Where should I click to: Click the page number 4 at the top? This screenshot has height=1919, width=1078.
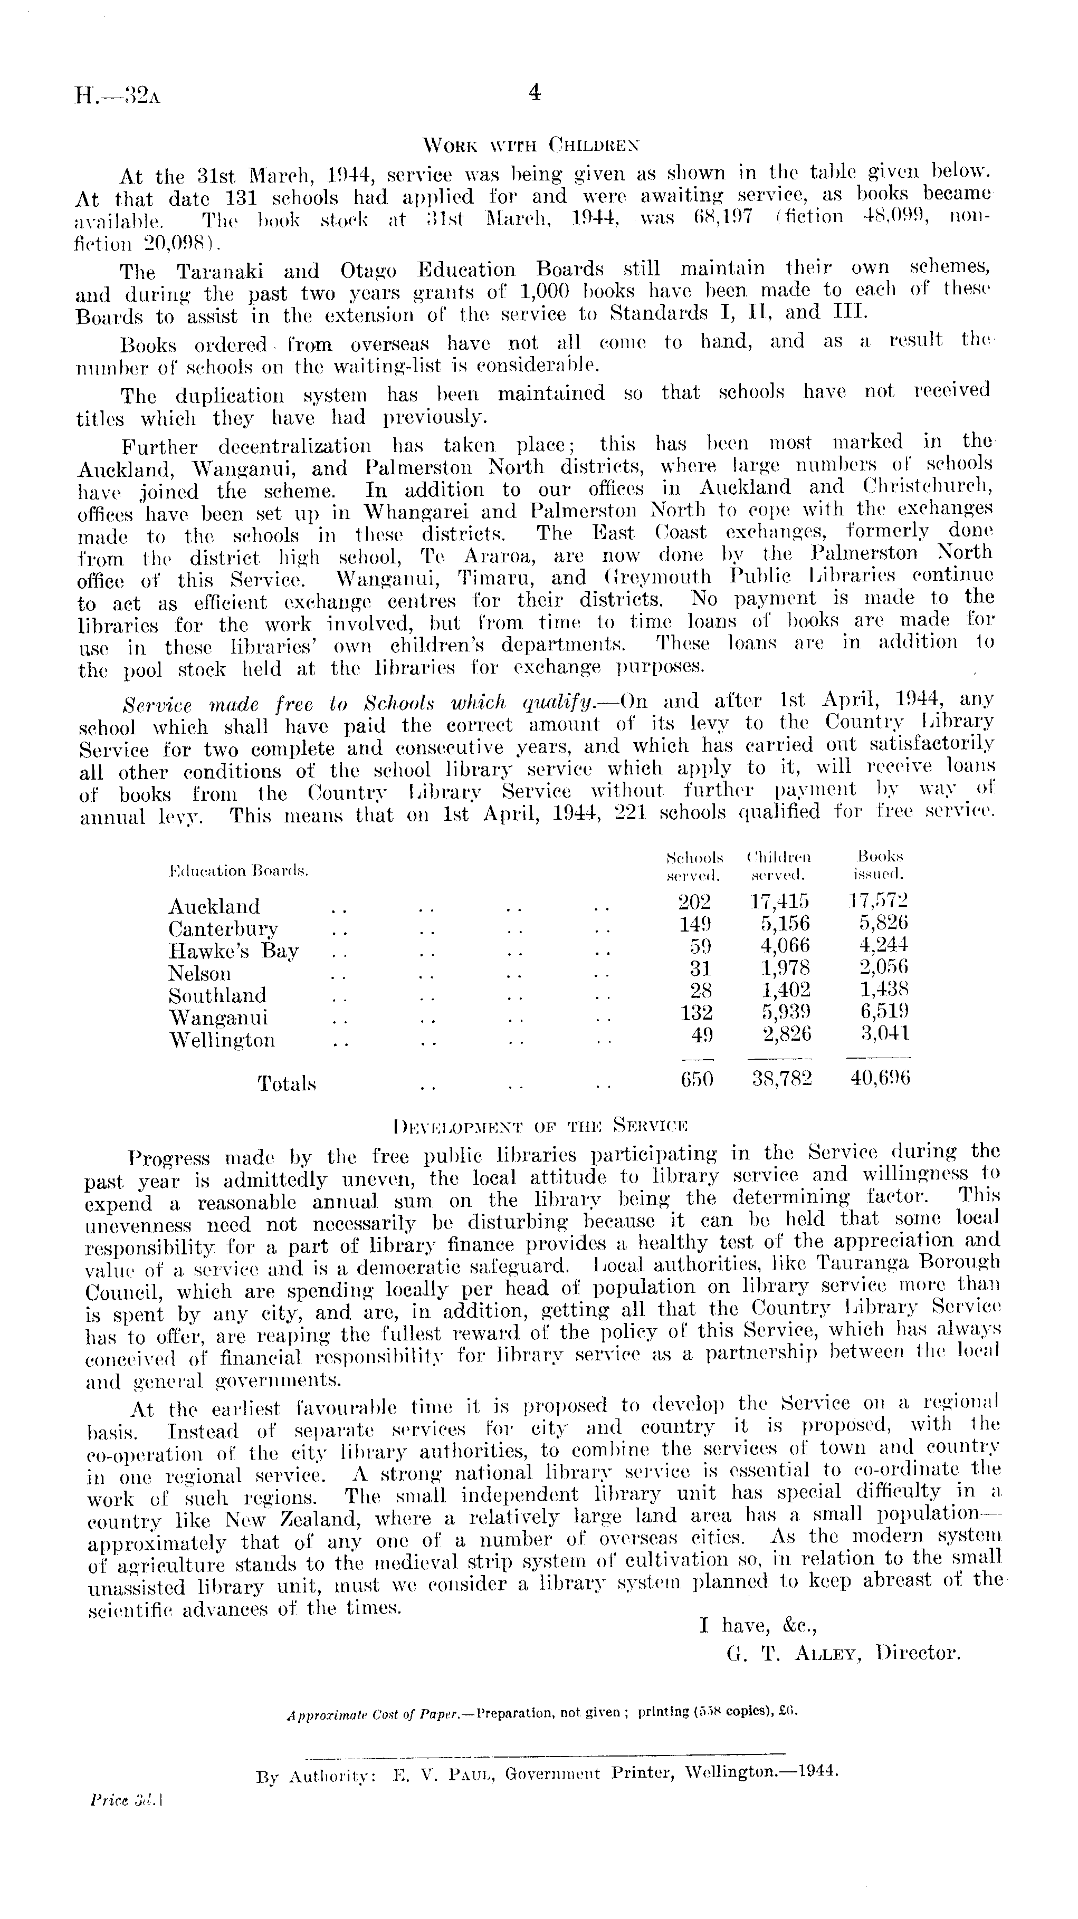pos(533,92)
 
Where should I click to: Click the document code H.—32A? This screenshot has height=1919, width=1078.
pos(118,96)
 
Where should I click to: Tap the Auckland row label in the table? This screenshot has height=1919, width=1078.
pos(214,907)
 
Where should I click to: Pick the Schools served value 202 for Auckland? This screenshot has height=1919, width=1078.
pos(694,902)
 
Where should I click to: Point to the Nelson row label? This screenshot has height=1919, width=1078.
pos(199,974)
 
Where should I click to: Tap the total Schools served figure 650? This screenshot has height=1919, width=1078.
pos(697,1078)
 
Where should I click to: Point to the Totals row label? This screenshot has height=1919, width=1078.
pos(287,1084)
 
